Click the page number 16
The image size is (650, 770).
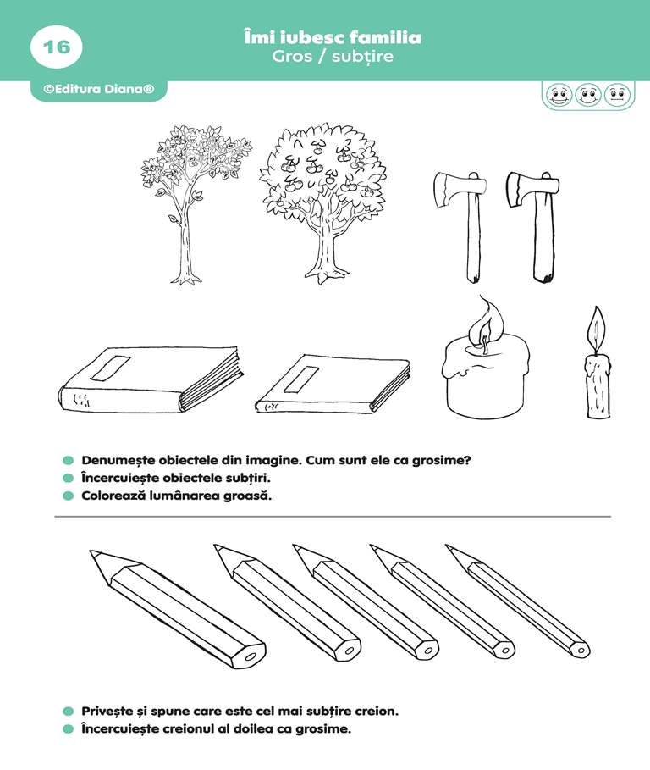pyautogui.click(x=57, y=47)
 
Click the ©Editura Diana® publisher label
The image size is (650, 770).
pyautogui.click(x=99, y=89)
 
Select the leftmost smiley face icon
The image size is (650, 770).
pyautogui.click(x=559, y=94)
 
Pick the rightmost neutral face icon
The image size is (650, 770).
pyautogui.click(x=617, y=94)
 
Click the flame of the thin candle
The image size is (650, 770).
pyautogui.click(x=597, y=328)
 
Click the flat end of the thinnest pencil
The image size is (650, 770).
pyautogui.click(x=581, y=651)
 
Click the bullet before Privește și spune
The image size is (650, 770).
pyautogui.click(x=69, y=711)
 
